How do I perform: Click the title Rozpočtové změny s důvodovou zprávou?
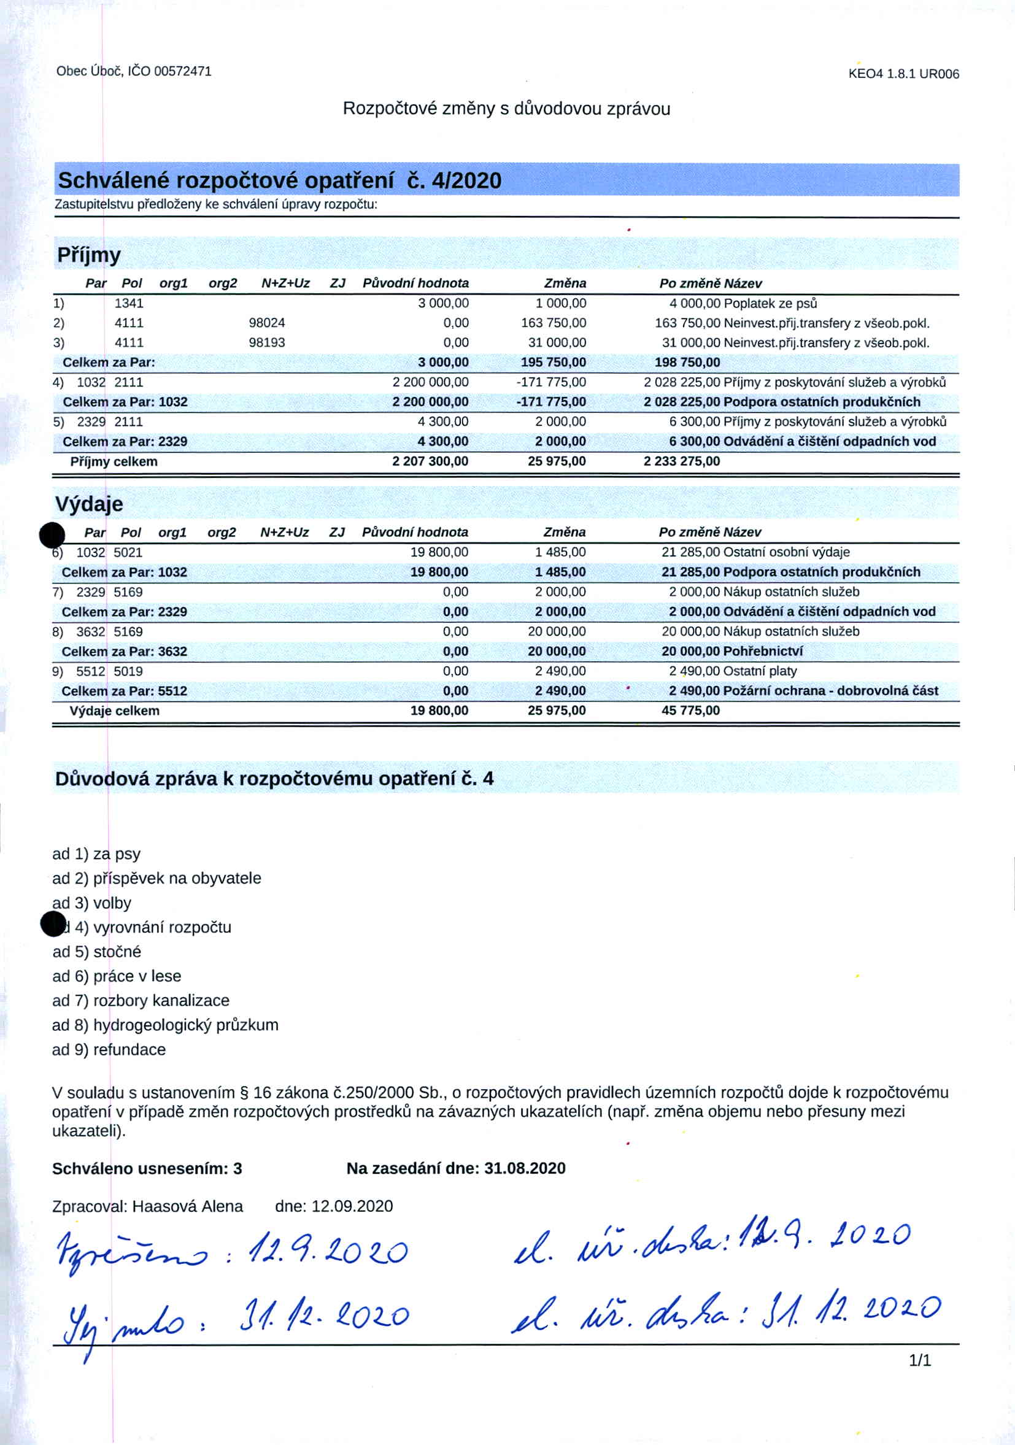coord(506,109)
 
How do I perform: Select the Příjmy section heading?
coord(89,255)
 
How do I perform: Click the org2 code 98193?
coord(267,342)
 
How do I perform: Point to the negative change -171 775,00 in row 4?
coord(552,382)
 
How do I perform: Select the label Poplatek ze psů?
coord(770,303)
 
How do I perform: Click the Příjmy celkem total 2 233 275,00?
coord(682,461)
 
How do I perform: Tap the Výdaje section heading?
coord(89,504)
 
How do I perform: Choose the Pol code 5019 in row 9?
coord(128,671)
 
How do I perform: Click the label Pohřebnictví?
coord(763,651)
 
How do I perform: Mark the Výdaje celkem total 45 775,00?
coord(690,711)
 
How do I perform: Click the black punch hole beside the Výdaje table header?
coord(52,535)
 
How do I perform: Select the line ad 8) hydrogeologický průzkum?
coord(165,1025)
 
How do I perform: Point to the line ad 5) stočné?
coord(97,952)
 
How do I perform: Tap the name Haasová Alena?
coord(188,1206)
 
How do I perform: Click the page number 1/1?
coord(919,1360)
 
